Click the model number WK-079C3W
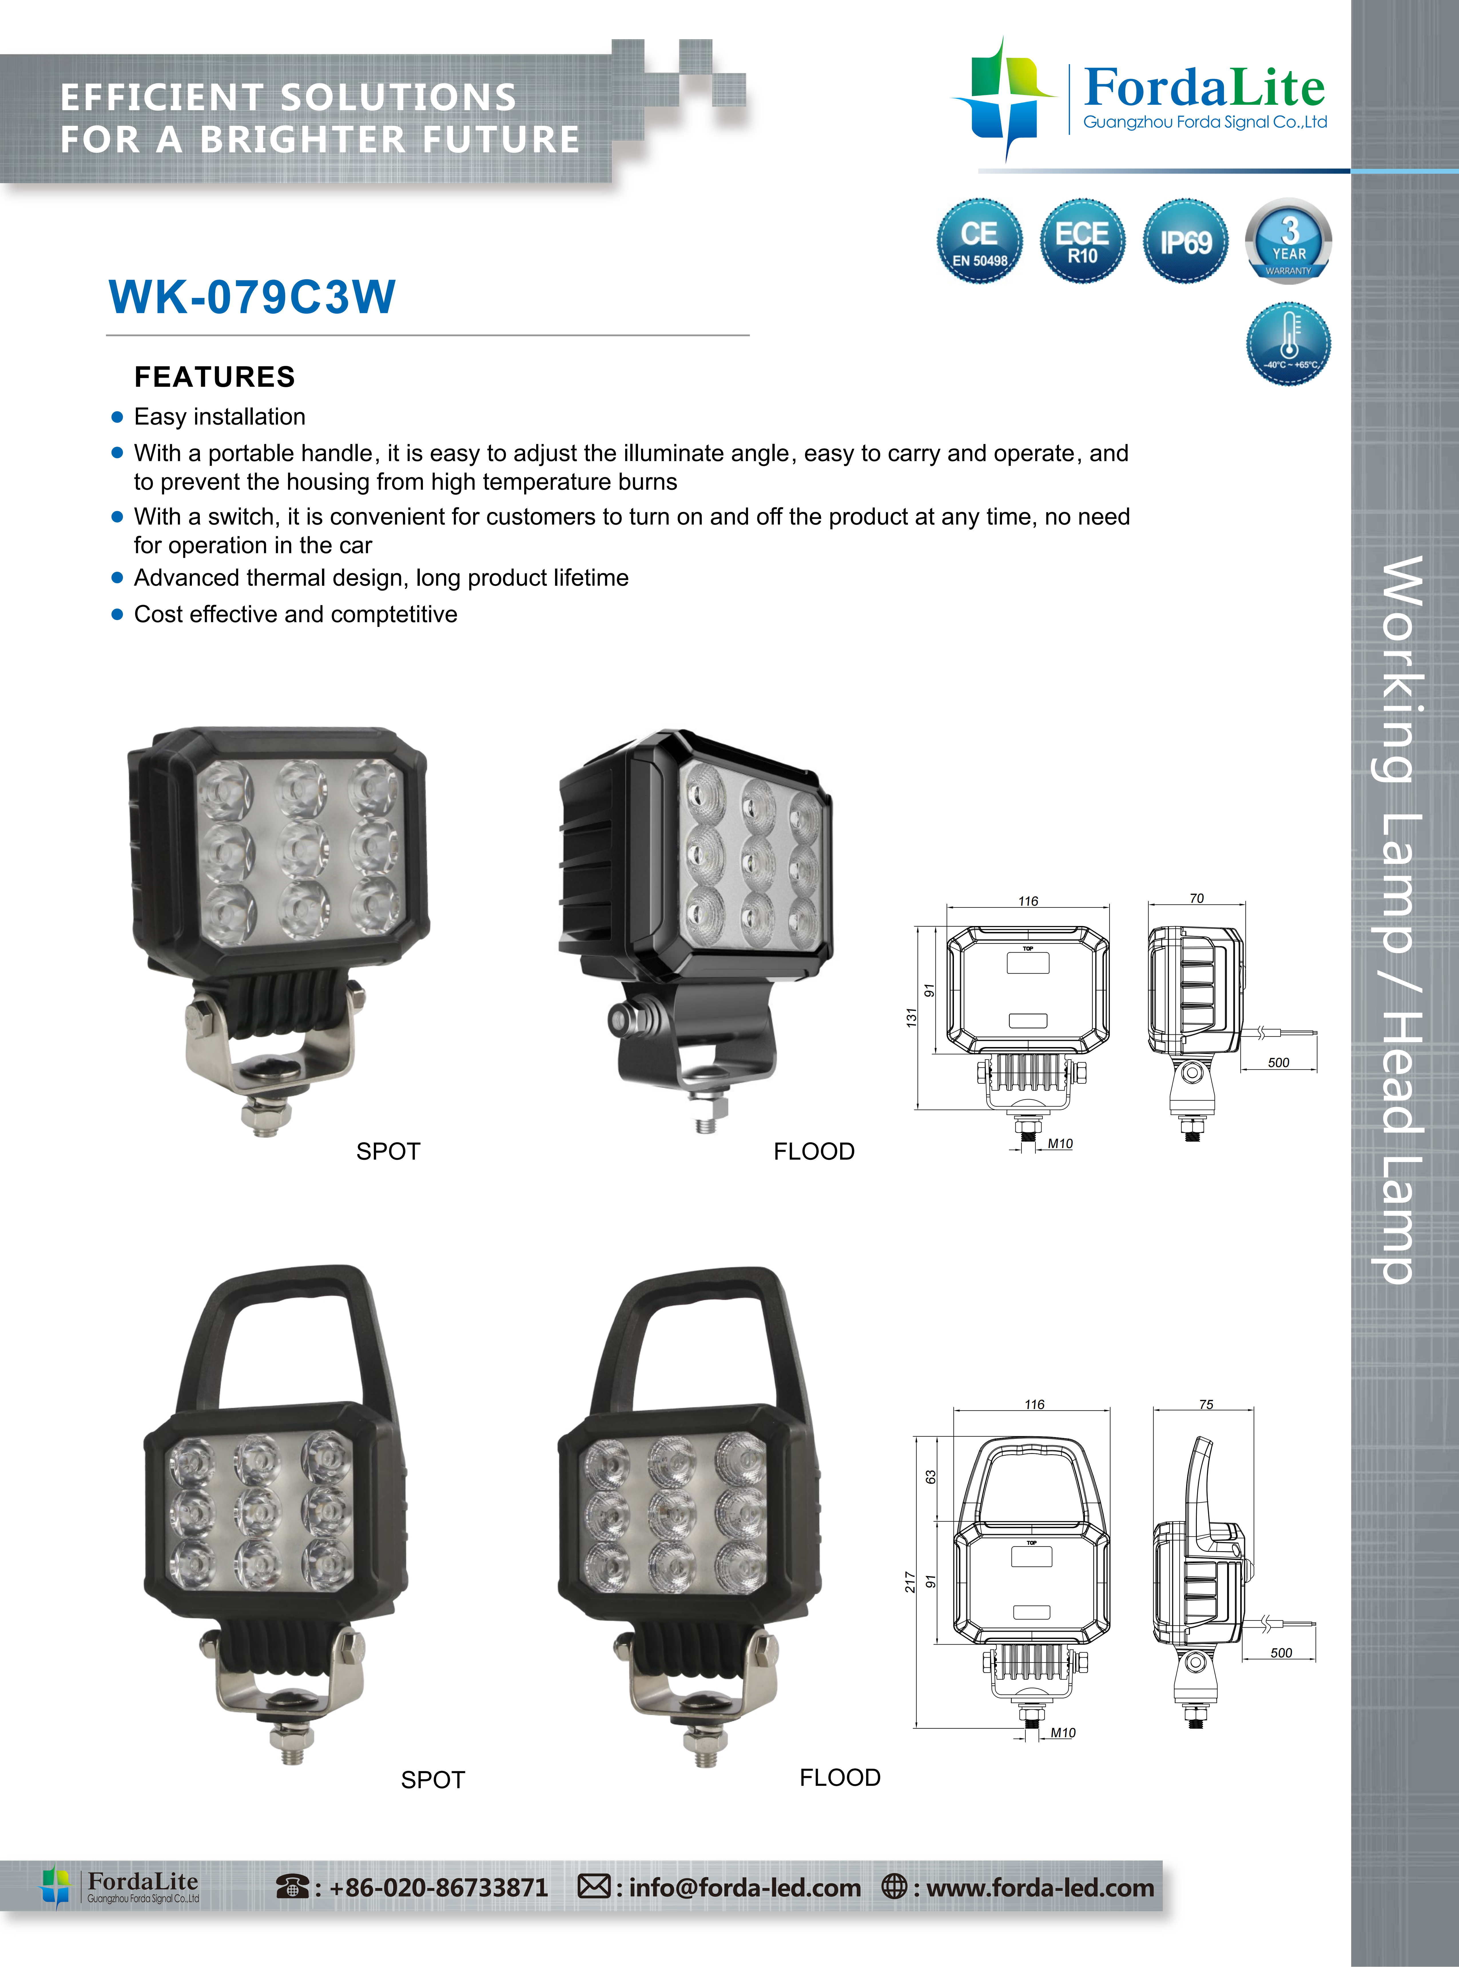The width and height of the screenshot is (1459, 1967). (x=252, y=297)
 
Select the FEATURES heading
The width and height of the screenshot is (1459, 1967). (x=214, y=377)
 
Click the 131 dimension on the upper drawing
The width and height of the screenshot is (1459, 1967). (x=911, y=1018)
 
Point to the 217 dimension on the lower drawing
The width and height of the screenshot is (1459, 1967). (x=910, y=1582)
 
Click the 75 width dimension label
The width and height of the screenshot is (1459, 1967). (x=1206, y=1404)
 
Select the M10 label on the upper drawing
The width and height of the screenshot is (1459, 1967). (x=1060, y=1143)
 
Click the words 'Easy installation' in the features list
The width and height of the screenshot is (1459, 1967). (x=220, y=417)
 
